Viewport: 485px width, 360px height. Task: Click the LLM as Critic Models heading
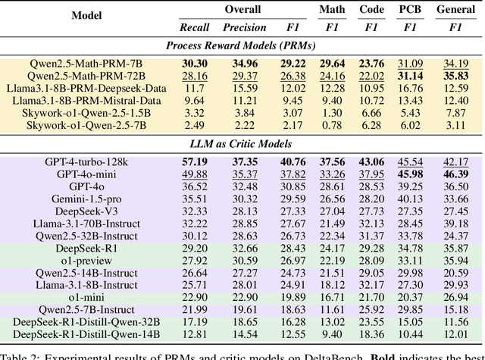(x=242, y=144)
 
